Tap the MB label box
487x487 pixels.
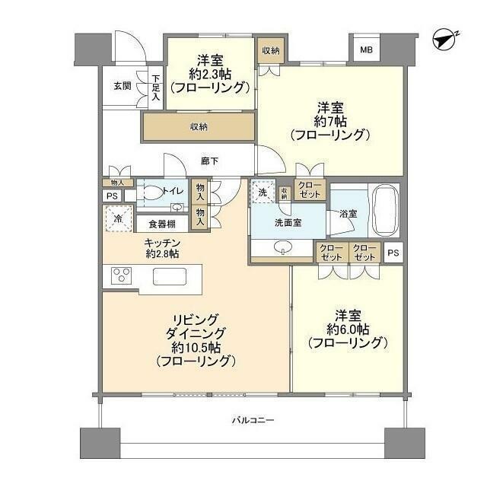(x=367, y=51)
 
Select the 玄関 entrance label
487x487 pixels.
(x=123, y=86)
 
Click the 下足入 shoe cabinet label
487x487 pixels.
(x=156, y=86)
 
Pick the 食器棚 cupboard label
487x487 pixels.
(x=163, y=224)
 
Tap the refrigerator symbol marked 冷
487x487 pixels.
(x=118, y=218)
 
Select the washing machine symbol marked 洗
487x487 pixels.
(x=263, y=193)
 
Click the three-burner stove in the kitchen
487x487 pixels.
(x=122, y=275)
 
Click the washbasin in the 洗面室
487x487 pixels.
(x=283, y=247)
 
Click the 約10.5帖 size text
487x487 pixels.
(x=196, y=347)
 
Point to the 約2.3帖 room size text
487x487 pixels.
(x=209, y=74)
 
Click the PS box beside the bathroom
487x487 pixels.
(x=393, y=253)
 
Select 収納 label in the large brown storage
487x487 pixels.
(x=198, y=127)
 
